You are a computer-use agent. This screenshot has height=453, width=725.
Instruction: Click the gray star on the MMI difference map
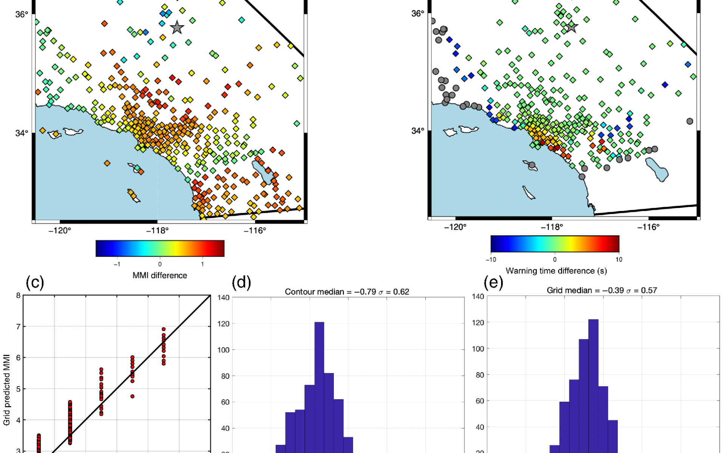[x=177, y=28]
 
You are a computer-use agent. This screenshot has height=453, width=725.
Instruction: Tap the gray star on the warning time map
[x=571, y=27]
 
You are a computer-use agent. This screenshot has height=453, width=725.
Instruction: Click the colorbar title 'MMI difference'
[x=160, y=276]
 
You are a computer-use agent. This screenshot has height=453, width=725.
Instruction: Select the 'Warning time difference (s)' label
[x=556, y=271]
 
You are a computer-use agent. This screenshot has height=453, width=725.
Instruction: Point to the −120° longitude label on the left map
[x=60, y=231]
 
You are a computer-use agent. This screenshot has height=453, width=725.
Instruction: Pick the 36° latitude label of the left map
[x=22, y=14]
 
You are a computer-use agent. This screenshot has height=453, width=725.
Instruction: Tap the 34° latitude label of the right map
[x=418, y=131]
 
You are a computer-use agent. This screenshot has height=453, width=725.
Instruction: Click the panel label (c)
[x=35, y=282]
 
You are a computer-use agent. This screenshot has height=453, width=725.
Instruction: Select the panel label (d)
[x=241, y=282]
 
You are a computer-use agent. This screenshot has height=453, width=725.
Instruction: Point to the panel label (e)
[x=493, y=282]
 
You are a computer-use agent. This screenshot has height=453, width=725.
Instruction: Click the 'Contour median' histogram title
[x=347, y=292]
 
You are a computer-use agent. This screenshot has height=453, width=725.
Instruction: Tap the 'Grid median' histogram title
[x=602, y=290]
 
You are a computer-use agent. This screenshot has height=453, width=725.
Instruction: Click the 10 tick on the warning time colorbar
[x=619, y=259]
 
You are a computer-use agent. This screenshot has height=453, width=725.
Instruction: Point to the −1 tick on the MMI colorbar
[x=117, y=264]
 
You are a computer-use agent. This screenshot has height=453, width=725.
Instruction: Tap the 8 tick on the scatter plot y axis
[x=18, y=296]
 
